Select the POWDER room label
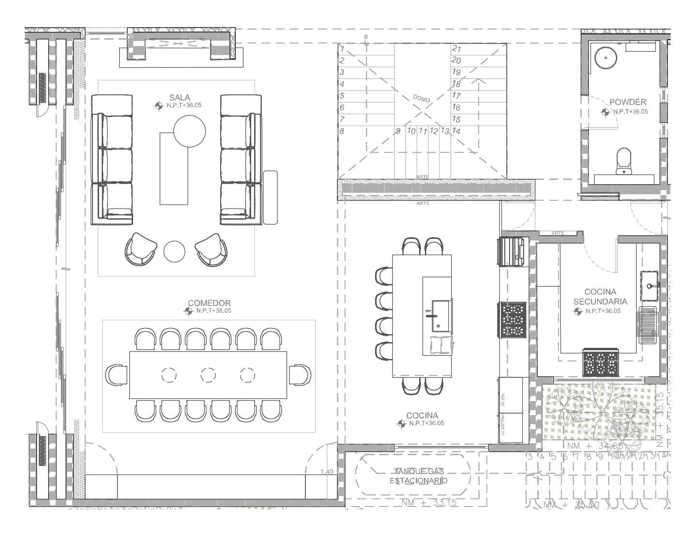tap(627, 102)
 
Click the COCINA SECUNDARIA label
tap(600, 297)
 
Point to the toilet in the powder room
tap(623, 161)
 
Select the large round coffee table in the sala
tap(189, 131)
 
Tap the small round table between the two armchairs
tap(174, 252)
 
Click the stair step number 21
tap(456, 49)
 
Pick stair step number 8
tap(342, 131)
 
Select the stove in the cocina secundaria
tap(601, 363)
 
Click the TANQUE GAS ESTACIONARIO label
tap(419, 476)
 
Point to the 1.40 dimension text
tap(327, 472)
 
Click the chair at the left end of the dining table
tap(117, 375)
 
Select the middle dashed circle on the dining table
tap(208, 375)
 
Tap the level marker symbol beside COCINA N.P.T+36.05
tap(401, 424)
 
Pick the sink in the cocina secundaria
tap(649, 280)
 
